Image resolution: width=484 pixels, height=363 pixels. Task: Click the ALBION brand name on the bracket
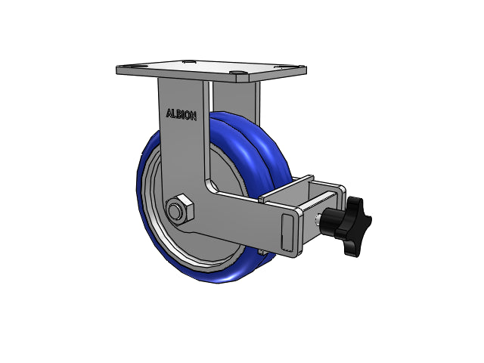coord(181,114)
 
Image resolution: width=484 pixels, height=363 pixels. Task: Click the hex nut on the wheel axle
coord(180,209)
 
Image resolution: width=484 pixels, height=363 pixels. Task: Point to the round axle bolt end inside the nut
coord(176,210)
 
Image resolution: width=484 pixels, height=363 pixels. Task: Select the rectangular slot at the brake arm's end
coord(287,231)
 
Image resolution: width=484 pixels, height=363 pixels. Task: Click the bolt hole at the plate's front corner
coord(238,73)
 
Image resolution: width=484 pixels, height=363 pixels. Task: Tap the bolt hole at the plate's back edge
coord(188,62)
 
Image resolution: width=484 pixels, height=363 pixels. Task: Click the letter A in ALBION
coord(169,113)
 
